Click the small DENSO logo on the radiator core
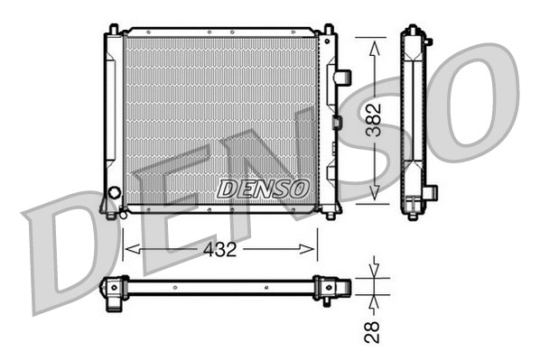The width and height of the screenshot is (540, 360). click(263, 188)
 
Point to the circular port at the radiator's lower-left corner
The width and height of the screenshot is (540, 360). click(114, 192)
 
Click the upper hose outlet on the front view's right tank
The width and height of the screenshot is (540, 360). click(341, 78)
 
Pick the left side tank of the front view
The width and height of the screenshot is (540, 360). click(111, 117)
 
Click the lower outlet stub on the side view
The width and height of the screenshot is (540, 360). click(431, 192)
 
